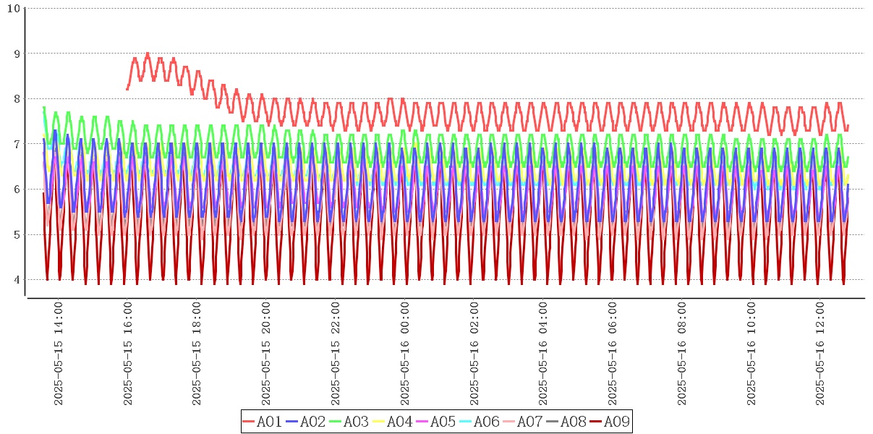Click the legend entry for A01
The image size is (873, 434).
click(x=262, y=422)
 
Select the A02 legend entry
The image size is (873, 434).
click(x=305, y=422)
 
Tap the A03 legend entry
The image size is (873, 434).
click(x=349, y=422)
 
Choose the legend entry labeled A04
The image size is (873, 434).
click(x=392, y=422)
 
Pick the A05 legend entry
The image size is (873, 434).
click(x=435, y=422)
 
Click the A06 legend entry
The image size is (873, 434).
click(x=479, y=422)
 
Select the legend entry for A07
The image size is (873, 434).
click(x=522, y=422)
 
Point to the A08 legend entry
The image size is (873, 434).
click(x=566, y=422)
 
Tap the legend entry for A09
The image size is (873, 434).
click(x=609, y=422)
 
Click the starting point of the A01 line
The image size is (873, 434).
click(x=127, y=89)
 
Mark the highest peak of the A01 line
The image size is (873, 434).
click(x=148, y=54)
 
